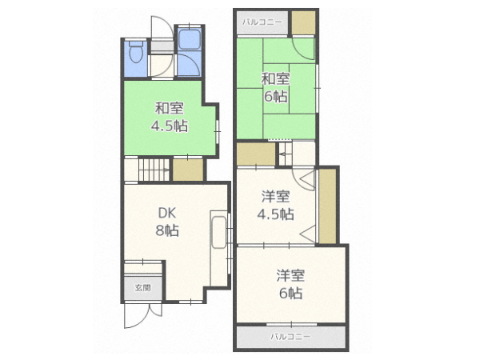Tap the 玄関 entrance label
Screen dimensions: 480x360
pyautogui.click(x=143, y=288)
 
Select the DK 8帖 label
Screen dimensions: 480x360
pyautogui.click(x=167, y=222)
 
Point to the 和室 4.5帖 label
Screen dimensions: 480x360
pyautogui.click(x=170, y=117)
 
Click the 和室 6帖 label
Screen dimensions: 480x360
pyautogui.click(x=275, y=88)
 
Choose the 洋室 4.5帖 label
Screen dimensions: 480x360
pyautogui.click(x=275, y=206)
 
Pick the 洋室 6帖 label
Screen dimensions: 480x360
pyautogui.click(x=290, y=284)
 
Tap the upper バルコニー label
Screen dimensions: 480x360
pyautogui.click(x=262, y=22)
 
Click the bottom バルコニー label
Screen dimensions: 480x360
pyautogui.click(x=290, y=337)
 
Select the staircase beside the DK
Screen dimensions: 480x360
pyautogui.click(x=154, y=170)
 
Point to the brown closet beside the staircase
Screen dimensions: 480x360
pyautogui.click(x=188, y=170)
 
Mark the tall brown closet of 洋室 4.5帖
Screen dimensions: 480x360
pyautogui.click(x=327, y=206)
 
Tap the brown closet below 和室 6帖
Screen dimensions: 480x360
pyautogui.click(x=256, y=154)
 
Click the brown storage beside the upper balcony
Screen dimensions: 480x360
pyautogui.click(x=303, y=22)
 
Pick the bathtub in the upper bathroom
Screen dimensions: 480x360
pyautogui.click(x=189, y=39)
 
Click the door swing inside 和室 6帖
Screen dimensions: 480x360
pyautogui.click(x=303, y=48)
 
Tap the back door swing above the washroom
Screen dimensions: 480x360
pyautogui.click(x=162, y=27)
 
